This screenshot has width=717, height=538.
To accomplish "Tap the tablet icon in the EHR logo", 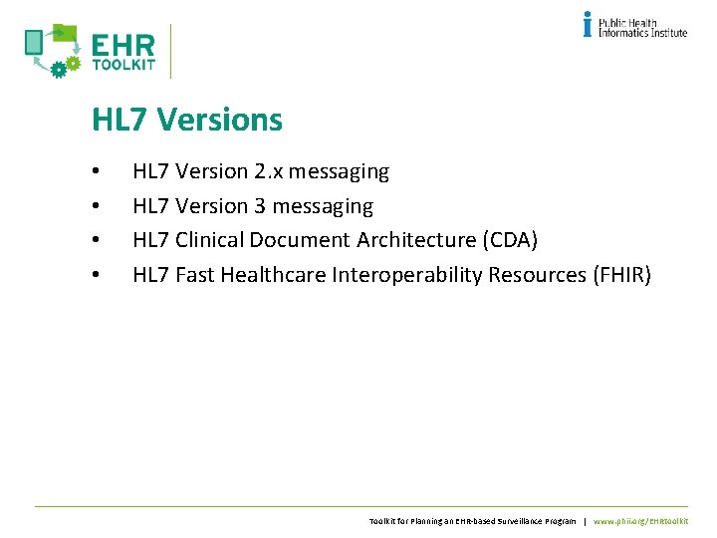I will pyautogui.click(x=34, y=42).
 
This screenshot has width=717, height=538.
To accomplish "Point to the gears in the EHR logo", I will pyautogui.click(x=65, y=66).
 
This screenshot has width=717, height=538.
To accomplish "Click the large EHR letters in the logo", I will pyautogui.click(x=122, y=46).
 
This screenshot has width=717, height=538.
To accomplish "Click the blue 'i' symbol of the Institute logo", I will pyautogui.click(x=588, y=24).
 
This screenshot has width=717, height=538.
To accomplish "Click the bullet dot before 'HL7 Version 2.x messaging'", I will pyautogui.click(x=95, y=172).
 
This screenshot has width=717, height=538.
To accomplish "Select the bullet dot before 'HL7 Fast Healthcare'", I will pyautogui.click(x=95, y=275).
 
